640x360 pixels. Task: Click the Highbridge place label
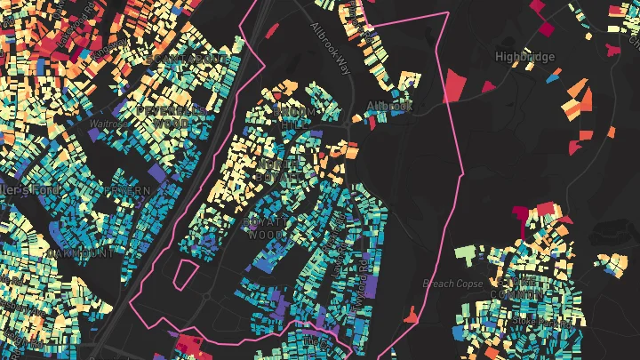pos(524,57)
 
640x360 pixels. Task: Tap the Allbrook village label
pos(389,106)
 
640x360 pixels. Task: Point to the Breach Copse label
pos(452,284)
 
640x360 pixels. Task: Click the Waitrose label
pos(105,125)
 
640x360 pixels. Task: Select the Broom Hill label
pos(294,118)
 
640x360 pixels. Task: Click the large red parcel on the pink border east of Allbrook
pos(455,84)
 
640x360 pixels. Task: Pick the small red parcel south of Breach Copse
pos(411,314)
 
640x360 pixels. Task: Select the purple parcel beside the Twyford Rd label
pos(372,286)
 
